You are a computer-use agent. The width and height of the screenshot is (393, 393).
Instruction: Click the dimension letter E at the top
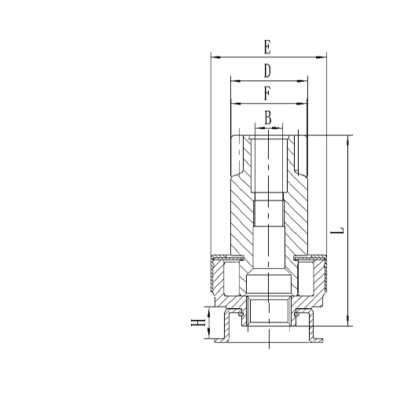pyautogui.click(x=268, y=46)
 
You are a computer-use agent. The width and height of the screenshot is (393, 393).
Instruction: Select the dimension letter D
pyautogui.click(x=268, y=71)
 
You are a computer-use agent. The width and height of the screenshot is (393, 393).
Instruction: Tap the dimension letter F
pyautogui.click(x=268, y=94)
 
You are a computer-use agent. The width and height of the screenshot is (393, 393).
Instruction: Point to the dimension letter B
pyautogui.click(x=268, y=118)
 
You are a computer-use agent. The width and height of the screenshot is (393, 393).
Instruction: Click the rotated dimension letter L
pyautogui.click(x=339, y=231)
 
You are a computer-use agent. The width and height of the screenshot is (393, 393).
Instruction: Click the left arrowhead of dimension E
pyautogui.click(x=215, y=57)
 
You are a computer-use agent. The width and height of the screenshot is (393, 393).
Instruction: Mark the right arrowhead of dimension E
pyautogui.click(x=322, y=57)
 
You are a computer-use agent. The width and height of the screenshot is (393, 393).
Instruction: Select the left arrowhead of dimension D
pyautogui.click(x=233, y=80)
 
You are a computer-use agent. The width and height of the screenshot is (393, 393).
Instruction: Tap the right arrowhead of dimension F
pyautogui.click(x=303, y=103)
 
